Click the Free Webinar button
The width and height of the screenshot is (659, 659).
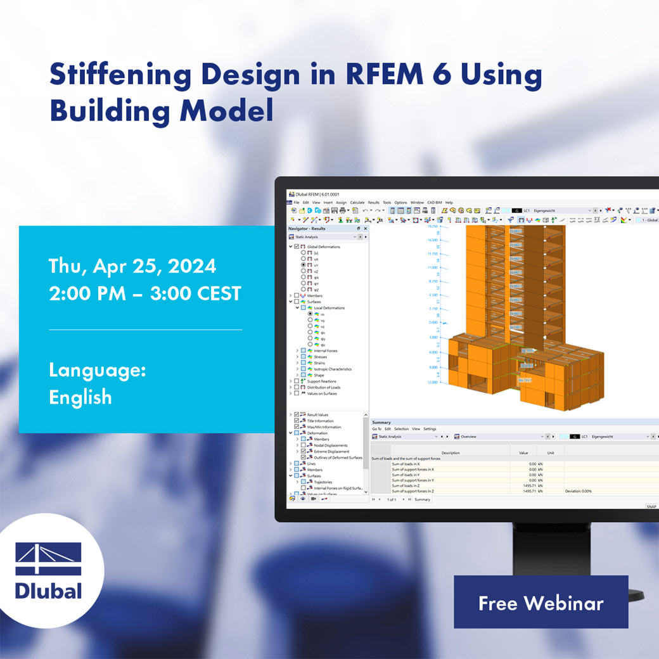coord(541,603)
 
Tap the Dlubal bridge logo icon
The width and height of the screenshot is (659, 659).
coord(49,558)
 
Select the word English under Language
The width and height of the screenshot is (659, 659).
coord(80,397)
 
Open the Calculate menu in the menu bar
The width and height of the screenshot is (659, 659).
coord(357,203)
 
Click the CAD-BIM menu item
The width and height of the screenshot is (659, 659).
coord(434,203)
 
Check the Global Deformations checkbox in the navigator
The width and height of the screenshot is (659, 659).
coord(297,246)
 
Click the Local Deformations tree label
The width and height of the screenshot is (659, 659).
coord(329,308)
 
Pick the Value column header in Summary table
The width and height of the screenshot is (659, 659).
coord(523,453)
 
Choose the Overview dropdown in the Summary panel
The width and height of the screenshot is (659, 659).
coord(497,437)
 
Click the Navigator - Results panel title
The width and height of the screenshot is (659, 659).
coord(307,228)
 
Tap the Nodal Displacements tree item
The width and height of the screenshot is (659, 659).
coord(331,445)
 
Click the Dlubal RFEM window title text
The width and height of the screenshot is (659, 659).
coord(316,194)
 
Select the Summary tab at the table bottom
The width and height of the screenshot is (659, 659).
coord(422,499)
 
